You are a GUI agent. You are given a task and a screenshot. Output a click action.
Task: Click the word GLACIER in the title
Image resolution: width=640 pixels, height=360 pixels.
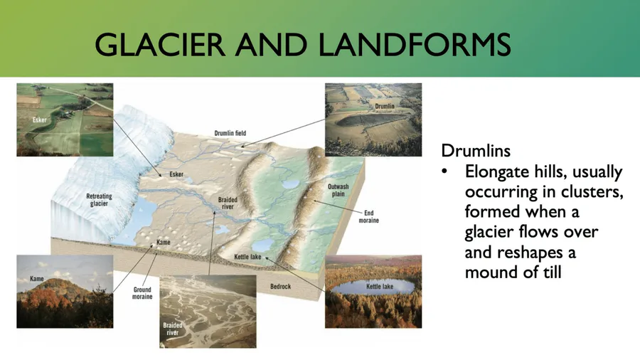click(x=159, y=45)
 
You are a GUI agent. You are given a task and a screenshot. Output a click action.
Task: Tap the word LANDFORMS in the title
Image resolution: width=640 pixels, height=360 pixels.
click(x=415, y=45)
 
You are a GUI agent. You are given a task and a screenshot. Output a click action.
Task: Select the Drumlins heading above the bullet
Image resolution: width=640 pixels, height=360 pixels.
click(x=476, y=151)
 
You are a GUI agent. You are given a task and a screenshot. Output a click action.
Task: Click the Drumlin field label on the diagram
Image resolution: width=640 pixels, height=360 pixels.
click(x=230, y=133)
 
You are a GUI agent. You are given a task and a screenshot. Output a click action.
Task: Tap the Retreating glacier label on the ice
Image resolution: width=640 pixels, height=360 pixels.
click(x=99, y=200)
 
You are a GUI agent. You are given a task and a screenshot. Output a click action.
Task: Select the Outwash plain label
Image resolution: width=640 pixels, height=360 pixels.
click(x=338, y=190)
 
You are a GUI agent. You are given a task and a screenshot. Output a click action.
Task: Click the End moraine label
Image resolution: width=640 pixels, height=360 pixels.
click(x=368, y=217)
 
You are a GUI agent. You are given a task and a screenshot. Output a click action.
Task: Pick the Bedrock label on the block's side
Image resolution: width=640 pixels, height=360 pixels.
click(x=280, y=287)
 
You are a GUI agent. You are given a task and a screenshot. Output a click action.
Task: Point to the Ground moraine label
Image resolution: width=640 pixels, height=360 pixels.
click(x=142, y=293)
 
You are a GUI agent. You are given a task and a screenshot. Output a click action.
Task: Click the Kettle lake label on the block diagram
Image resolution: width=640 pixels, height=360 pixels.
click(x=247, y=257)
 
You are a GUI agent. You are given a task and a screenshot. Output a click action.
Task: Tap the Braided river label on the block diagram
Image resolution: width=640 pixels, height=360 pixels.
click(x=228, y=203)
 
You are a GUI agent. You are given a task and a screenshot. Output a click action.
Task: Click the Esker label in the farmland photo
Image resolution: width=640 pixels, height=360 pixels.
click(x=40, y=120)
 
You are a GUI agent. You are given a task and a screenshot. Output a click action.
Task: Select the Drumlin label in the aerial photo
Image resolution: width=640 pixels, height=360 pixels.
click(x=385, y=106)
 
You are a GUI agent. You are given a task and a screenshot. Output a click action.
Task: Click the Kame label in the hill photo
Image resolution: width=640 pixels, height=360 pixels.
click(x=37, y=279)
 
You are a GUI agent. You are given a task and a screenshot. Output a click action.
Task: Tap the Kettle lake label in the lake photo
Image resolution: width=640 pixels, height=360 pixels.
click(x=380, y=287)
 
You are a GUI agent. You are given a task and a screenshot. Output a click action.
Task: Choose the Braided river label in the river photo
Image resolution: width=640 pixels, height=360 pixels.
click(x=172, y=329)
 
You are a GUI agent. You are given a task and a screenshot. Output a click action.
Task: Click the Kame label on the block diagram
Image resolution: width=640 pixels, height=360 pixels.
click(x=164, y=242)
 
